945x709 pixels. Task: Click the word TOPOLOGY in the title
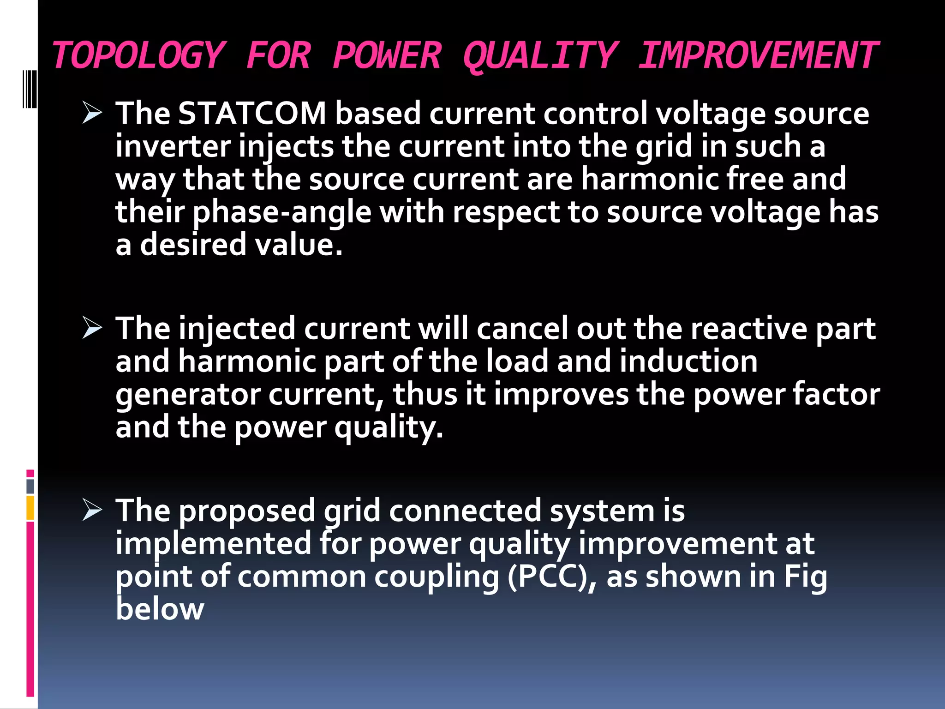point(138,55)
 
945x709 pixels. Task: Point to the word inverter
point(173,146)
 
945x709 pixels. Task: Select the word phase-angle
point(282,212)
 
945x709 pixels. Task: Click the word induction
point(688,361)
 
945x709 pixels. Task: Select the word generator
point(188,395)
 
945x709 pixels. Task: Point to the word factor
point(836,395)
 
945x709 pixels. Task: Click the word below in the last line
point(160,609)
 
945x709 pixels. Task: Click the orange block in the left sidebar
point(30,508)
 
